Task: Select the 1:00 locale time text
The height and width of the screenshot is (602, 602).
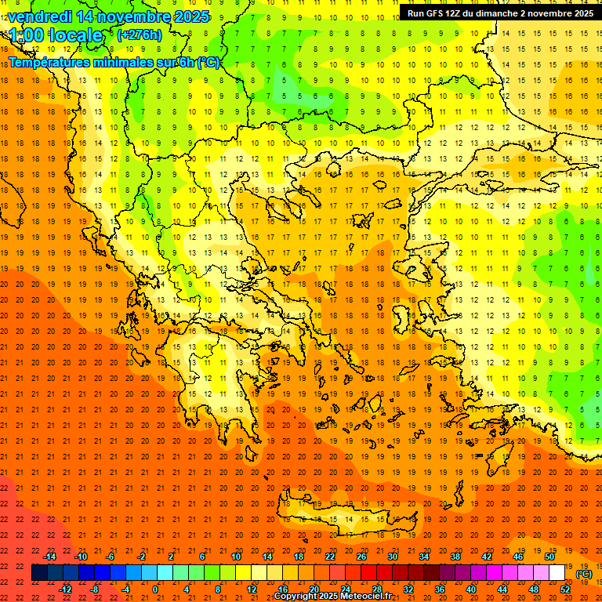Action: point(56,35)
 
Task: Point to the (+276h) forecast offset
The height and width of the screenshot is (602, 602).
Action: point(140,34)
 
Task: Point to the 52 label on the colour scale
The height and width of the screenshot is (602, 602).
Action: point(565,589)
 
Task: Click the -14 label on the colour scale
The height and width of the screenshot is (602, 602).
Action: point(49,557)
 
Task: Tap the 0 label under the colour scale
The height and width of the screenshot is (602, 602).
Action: point(155,589)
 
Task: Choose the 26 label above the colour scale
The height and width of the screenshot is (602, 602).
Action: point(361,557)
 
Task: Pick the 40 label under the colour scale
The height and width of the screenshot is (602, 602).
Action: point(470,589)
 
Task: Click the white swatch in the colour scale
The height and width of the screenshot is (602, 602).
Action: point(557,573)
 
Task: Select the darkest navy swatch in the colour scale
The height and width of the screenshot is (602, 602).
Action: point(39,573)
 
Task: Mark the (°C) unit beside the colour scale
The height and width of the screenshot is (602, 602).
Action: point(583,574)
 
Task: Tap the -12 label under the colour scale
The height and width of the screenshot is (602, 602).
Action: point(66,589)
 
